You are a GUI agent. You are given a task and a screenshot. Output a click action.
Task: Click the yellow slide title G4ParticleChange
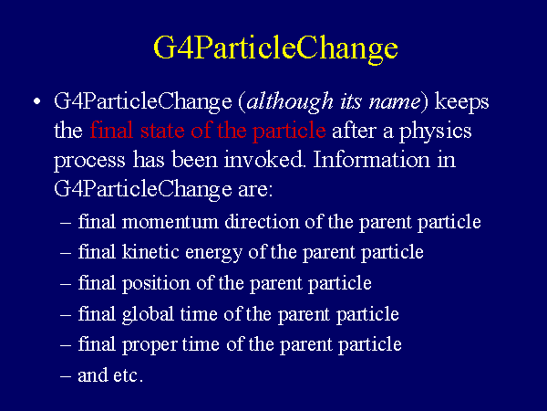[275, 49]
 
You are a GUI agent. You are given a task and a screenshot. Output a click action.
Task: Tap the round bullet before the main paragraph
[37, 102]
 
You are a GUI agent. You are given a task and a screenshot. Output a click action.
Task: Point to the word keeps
[461, 103]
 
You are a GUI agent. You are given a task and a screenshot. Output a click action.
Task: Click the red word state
[162, 131]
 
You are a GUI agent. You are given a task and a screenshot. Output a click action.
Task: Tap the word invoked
[264, 160]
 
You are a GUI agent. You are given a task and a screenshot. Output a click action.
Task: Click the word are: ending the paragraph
[255, 190]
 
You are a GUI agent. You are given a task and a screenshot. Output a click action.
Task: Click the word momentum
[170, 223]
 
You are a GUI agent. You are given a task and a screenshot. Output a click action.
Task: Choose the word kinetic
[150, 252]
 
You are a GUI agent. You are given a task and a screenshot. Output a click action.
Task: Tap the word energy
[213, 253]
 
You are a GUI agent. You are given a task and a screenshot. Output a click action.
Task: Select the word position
[156, 283]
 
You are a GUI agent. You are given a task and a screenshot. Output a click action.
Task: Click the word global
[148, 314]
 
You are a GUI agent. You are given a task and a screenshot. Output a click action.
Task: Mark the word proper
[150, 345]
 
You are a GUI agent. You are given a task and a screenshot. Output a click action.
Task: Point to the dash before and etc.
[66, 376]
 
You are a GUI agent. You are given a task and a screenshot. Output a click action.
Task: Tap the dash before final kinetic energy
[66, 252]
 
